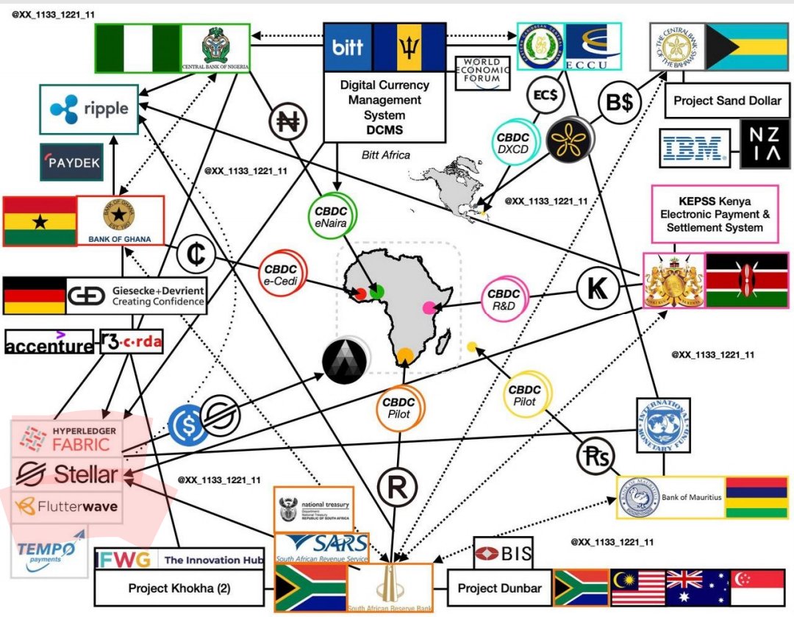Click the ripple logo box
(x=88, y=109)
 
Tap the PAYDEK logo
(x=71, y=163)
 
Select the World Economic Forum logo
(x=482, y=73)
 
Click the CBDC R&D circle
(x=504, y=299)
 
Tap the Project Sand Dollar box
(x=723, y=101)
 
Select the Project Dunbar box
(x=499, y=588)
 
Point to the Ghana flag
(x=40, y=221)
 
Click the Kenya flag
(x=746, y=280)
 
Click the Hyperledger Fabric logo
(x=66, y=438)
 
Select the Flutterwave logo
(x=67, y=507)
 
